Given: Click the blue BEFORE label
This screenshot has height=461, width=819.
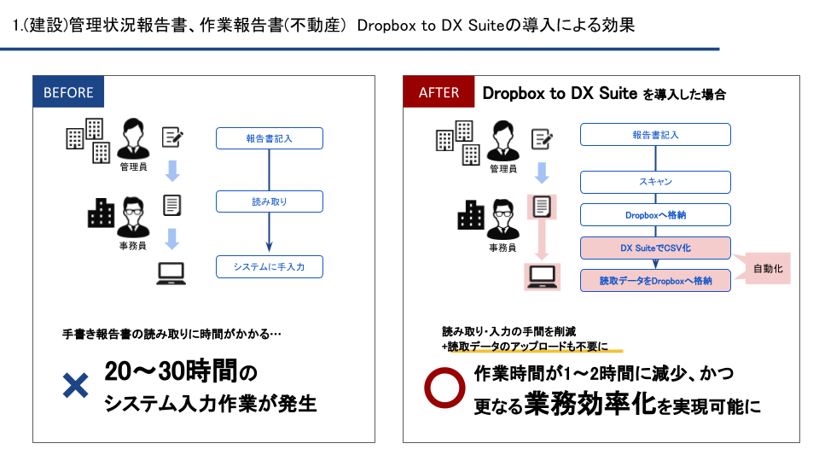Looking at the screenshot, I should point(68,93).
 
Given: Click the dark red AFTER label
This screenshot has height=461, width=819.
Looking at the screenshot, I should point(439,93).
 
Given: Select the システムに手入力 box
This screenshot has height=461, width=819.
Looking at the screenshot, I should point(269,267).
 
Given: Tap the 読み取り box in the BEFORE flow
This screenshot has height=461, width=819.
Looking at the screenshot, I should point(269,202).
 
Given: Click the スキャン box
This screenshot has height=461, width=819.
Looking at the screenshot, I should point(655,182).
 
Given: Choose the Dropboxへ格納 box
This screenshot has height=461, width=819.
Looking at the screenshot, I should point(655,215).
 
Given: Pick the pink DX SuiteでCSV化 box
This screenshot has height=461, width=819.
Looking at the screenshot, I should point(655,248).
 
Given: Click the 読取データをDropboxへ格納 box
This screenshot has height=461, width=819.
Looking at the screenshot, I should point(655,280).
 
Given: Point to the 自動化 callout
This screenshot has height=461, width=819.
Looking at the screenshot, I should point(769,269).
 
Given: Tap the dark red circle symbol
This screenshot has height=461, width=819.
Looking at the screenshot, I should point(443,388).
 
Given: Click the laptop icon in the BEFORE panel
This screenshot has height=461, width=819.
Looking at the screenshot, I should point(171,272).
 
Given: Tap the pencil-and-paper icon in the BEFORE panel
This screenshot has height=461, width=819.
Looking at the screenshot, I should point(173,137).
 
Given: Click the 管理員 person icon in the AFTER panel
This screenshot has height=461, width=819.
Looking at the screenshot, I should point(503,137).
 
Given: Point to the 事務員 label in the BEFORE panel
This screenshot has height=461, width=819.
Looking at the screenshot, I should point(132,245).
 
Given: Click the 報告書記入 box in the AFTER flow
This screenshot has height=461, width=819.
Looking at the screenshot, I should point(655,135).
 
